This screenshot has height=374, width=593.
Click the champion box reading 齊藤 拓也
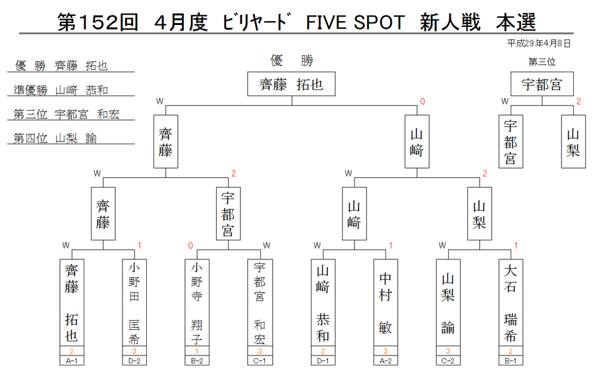click(x=291, y=84)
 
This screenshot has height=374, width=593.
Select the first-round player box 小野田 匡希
click(x=134, y=302)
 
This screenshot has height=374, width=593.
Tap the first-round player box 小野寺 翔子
click(x=196, y=302)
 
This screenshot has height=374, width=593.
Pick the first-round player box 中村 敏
click(x=385, y=302)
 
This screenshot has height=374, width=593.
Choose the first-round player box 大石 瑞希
click(x=511, y=302)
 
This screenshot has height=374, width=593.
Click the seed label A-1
click(x=71, y=361)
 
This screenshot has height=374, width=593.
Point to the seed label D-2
click(x=134, y=361)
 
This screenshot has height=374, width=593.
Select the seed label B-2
click(x=196, y=361)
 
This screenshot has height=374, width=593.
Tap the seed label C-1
click(x=260, y=361)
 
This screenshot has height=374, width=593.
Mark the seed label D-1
click(x=323, y=361)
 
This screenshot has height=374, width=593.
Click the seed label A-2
click(x=385, y=361)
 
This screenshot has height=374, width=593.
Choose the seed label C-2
click(x=448, y=361)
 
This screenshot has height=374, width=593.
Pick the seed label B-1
click(x=511, y=361)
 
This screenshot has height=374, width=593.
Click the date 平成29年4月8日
click(x=538, y=43)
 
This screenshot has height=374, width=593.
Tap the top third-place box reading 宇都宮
click(x=542, y=84)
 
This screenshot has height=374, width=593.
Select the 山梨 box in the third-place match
click(x=573, y=142)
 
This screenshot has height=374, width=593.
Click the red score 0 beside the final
click(x=422, y=101)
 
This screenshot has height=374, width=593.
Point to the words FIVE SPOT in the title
click(x=355, y=22)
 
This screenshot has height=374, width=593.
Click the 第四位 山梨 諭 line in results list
click(x=55, y=138)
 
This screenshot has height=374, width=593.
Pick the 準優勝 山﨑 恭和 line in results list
click(x=61, y=90)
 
